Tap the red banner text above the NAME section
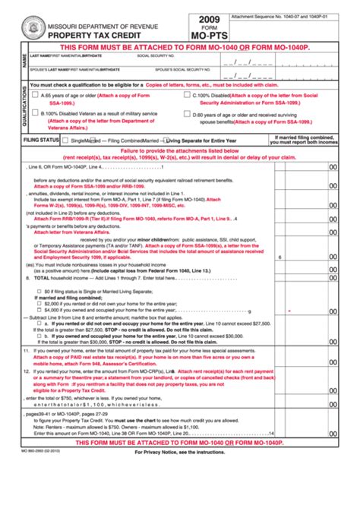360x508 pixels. pyautogui.click(x=179, y=46)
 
